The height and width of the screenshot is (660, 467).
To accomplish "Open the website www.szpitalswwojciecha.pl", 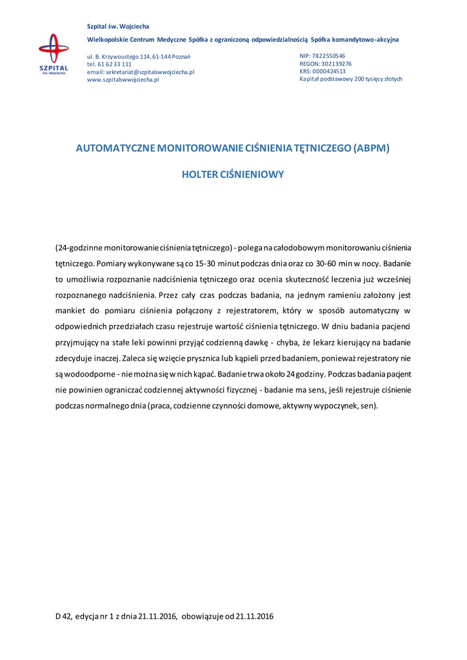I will point(123,80).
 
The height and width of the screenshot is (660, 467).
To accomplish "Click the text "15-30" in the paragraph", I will point(205,263).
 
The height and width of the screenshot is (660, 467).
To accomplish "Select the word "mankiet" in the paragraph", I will point(72,311).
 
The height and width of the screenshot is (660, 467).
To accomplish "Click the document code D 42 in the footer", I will point(63,616).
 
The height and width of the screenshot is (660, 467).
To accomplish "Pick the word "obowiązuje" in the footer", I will point(203,616).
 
